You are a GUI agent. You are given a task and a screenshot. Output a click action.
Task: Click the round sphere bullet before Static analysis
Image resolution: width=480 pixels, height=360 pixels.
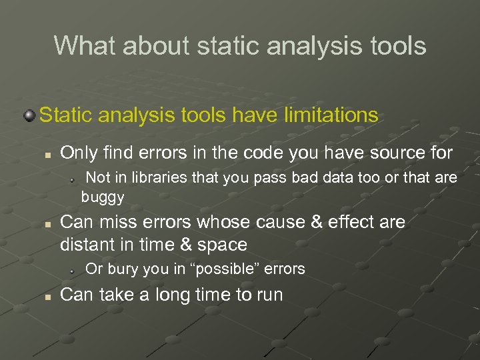pos(29,116)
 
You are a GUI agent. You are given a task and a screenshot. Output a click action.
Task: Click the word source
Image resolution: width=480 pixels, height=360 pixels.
pos(390,153)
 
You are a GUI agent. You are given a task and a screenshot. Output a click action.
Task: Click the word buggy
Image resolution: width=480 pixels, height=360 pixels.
pos(103,197)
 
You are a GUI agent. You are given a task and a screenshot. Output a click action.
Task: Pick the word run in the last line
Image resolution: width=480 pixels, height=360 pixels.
pos(267,295)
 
